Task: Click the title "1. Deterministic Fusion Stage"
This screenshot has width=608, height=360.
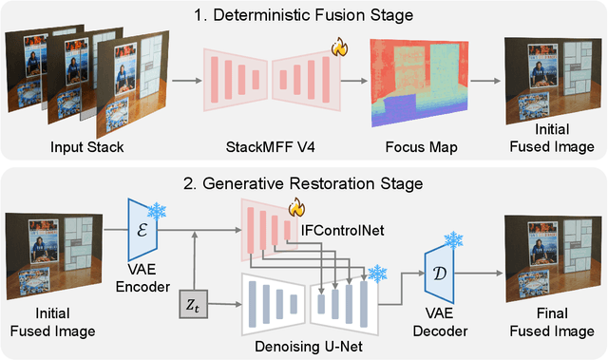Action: (303, 15)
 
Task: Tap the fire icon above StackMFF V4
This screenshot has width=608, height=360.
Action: (336, 45)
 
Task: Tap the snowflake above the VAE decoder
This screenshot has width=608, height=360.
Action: (453, 239)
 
